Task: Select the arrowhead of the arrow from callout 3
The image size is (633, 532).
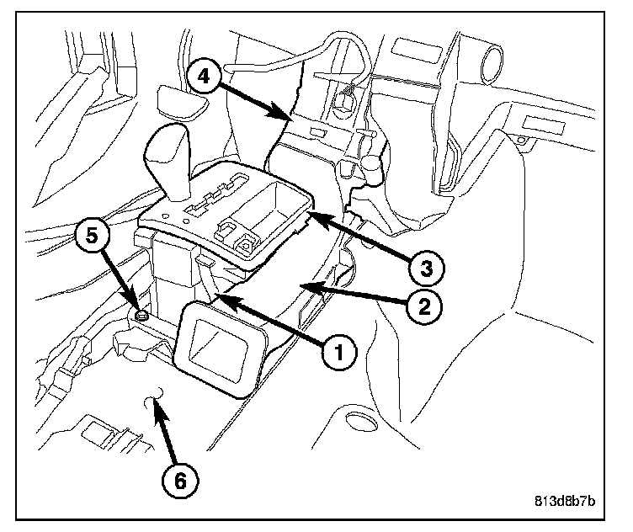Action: click(x=308, y=215)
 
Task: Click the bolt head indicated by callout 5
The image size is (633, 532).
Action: click(x=142, y=315)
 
